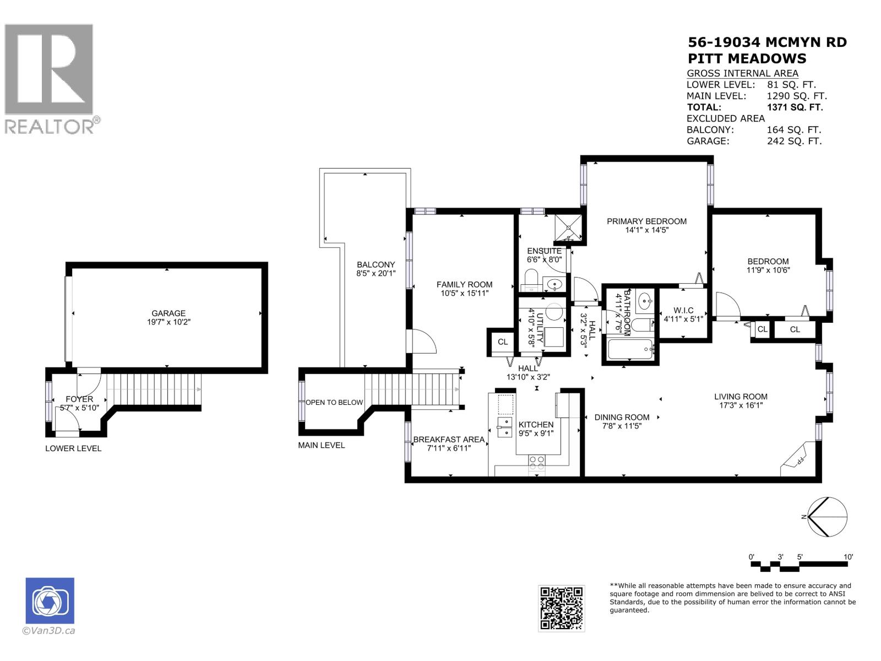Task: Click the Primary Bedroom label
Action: pyautogui.click(x=646, y=221)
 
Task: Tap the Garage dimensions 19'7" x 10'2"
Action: pyautogui.click(x=168, y=322)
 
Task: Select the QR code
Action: pyautogui.click(x=561, y=608)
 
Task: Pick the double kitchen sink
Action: pyautogui.click(x=504, y=427)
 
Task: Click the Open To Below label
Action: pyautogui.click(x=334, y=402)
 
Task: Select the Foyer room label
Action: pyautogui.click(x=79, y=399)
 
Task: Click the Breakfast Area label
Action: pyautogui.click(x=449, y=440)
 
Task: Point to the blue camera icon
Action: pyautogui.click(x=50, y=600)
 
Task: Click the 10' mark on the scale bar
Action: pyautogui.click(x=849, y=557)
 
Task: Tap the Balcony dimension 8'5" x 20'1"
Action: pyautogui.click(x=376, y=273)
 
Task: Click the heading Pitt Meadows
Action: pyautogui.click(x=747, y=58)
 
